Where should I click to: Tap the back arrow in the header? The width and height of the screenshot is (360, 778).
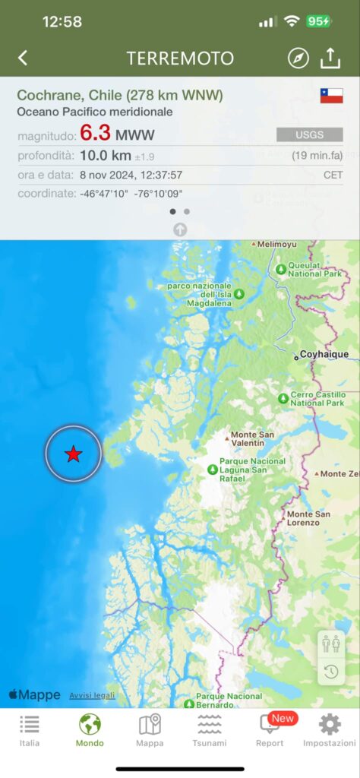[23, 58]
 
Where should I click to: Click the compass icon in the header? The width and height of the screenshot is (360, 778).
[298, 58]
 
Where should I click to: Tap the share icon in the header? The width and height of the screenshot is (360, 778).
[330, 58]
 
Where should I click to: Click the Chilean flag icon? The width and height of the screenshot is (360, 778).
[331, 96]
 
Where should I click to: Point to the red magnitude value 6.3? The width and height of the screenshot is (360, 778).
[96, 134]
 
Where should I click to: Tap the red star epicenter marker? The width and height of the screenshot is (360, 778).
[73, 454]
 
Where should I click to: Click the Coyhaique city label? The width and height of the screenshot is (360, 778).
[322, 354]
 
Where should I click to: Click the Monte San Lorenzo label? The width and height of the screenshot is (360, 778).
[308, 518]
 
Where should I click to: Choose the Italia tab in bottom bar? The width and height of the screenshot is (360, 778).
[30, 730]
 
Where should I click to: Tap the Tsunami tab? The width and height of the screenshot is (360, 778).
[209, 730]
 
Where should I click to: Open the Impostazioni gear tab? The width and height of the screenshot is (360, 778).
[329, 730]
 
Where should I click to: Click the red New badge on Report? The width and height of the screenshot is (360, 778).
[283, 718]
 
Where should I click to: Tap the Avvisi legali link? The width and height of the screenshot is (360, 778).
[92, 695]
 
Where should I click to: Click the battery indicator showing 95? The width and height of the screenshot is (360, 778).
[318, 22]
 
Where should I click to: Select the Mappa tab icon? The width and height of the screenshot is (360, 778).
[150, 730]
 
